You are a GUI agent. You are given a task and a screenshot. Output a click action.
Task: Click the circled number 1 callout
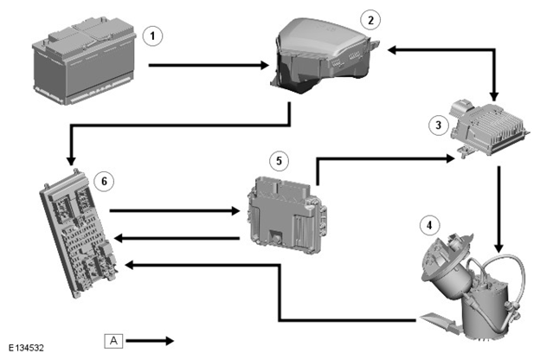[152, 35]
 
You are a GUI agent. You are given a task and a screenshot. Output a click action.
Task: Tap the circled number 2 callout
[370, 20]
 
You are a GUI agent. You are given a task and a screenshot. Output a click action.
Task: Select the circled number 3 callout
[439, 125]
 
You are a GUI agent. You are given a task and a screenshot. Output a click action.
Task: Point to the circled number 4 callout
[429, 225]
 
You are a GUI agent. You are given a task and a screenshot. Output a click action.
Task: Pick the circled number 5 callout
[279, 161]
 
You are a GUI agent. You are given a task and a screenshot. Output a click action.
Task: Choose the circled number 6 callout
[105, 181]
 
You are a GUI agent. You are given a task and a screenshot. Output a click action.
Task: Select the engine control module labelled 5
[286, 215]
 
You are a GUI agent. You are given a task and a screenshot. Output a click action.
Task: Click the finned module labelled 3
[488, 128]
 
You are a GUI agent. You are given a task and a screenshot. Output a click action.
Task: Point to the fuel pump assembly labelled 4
[472, 287]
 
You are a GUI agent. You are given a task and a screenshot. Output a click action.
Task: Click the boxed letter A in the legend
[113, 341]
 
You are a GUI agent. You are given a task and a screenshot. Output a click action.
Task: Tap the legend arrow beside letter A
[150, 341]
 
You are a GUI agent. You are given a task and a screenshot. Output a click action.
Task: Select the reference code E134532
[26, 348]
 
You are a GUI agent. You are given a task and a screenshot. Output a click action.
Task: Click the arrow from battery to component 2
[209, 65]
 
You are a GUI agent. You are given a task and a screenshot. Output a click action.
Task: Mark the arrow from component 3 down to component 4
[498, 209]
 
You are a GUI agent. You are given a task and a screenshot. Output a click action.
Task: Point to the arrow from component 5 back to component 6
[177, 238]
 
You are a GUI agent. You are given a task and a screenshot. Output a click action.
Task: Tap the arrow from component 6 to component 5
[175, 210]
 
